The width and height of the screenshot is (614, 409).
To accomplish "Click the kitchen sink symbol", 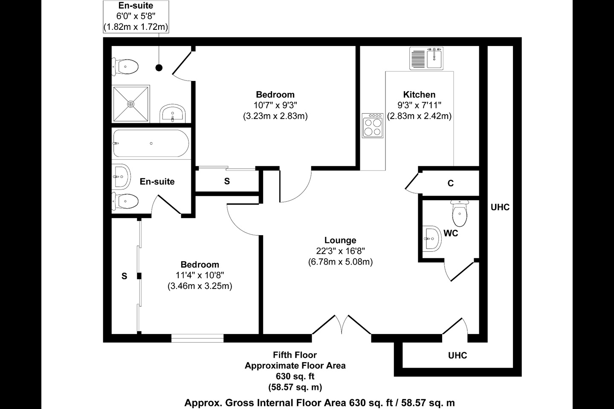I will (427, 58).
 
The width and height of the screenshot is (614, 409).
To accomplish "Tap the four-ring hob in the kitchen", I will (372, 125).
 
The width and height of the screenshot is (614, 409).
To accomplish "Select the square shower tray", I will (131, 104).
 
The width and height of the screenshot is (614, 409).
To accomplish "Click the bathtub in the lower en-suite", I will (151, 144).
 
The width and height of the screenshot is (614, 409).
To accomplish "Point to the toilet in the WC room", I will (459, 213).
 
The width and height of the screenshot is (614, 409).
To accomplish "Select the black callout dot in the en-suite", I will (159, 67).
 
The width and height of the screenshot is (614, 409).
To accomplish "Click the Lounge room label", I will (340, 240).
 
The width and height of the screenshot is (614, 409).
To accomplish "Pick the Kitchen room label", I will (419, 95).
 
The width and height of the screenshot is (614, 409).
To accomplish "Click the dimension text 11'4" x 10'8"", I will (200, 275).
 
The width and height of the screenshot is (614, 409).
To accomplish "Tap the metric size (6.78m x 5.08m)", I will (340, 262).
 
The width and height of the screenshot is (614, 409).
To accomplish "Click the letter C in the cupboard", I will (451, 184).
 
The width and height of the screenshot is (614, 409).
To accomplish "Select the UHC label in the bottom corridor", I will (457, 355).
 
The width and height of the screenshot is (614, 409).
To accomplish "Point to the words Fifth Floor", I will (295, 354).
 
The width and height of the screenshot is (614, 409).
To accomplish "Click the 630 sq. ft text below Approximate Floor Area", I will (295, 376).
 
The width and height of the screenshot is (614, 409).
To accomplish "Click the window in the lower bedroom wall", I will (197, 338).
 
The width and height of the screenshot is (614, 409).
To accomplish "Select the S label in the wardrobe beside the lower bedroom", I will (124, 276).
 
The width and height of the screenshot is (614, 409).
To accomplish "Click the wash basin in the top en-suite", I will (173, 114).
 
